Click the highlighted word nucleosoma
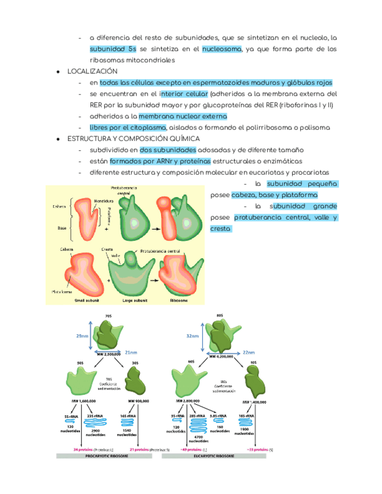[x=222, y=49]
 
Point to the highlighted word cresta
[x=220, y=229]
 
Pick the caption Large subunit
[x=135, y=301]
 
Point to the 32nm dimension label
[x=191, y=336]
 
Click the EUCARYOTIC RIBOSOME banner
[x=214, y=457]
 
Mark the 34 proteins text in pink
[x=85, y=450]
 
